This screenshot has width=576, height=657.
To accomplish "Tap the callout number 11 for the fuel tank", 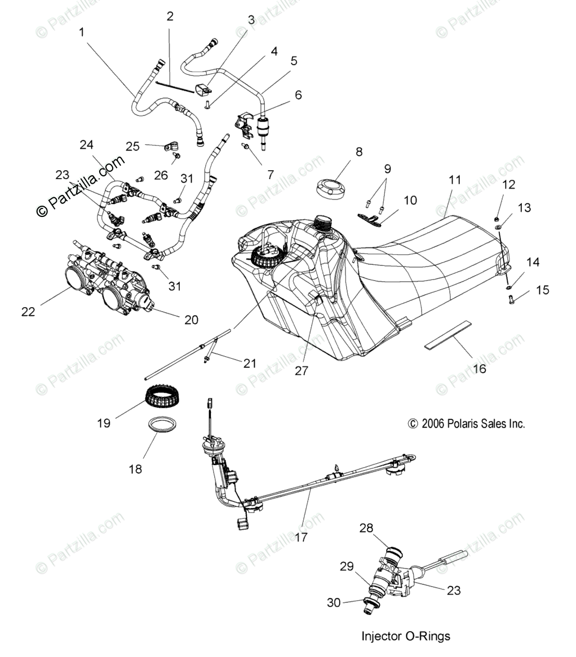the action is (454, 180).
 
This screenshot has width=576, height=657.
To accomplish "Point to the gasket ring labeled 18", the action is (162, 425).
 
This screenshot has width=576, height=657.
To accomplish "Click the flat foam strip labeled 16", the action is (448, 335).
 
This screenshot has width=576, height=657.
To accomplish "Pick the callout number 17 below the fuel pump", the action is (301, 537).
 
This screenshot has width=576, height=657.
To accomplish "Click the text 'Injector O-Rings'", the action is (406, 636).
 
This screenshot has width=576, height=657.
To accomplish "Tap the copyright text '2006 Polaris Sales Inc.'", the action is (473, 424).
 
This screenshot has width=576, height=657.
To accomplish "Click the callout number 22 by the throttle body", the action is (28, 312).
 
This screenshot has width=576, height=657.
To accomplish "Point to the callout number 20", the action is (191, 319).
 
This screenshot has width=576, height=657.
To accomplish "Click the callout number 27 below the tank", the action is (301, 370).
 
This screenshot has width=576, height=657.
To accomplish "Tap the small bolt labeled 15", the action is (511, 299).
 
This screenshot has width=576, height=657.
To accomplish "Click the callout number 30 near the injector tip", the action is (334, 602).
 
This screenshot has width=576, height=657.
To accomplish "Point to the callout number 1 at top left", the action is (82, 32).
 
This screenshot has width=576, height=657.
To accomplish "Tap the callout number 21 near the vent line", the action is (250, 363).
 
